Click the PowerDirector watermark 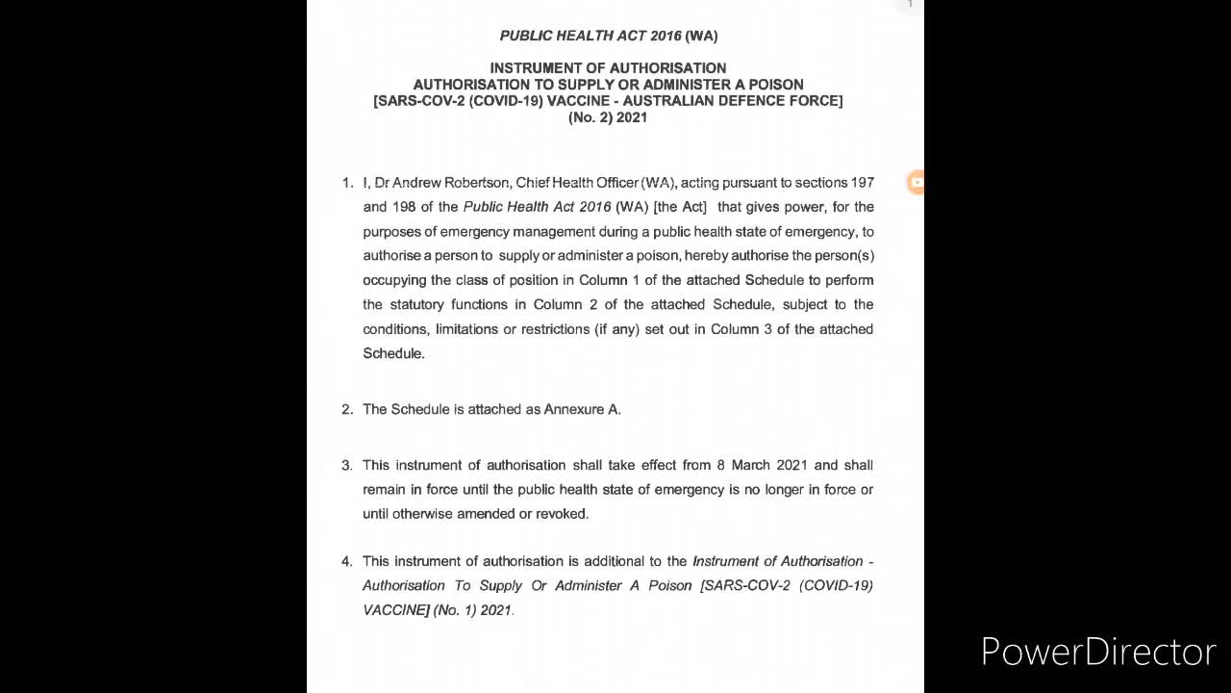(x=1097, y=652)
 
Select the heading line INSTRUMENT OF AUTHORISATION (x=608, y=68)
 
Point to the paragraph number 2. (x=347, y=410)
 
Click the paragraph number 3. (x=347, y=466)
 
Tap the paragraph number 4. (x=347, y=561)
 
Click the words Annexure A (x=582, y=410)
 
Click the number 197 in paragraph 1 (x=862, y=183)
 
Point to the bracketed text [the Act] (x=680, y=207)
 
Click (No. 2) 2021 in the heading (x=608, y=117)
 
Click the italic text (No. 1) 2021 (x=472, y=610)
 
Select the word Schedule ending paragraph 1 (x=392, y=354)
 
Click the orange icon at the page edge (x=917, y=182)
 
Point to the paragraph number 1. (x=347, y=183)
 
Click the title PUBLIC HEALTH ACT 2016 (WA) (x=608, y=36)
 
